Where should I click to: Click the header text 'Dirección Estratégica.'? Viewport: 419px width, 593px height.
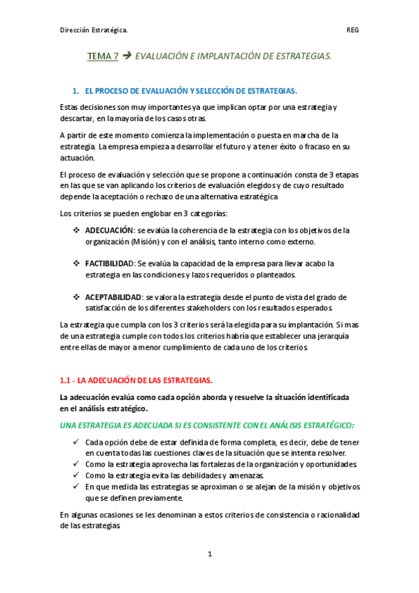pyautogui.click(x=94, y=30)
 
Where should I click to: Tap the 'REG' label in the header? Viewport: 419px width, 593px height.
pyautogui.click(x=353, y=30)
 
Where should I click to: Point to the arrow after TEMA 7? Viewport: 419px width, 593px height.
pyautogui.click(x=127, y=55)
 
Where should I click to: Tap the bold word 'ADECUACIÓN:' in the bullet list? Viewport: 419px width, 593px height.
pyautogui.click(x=109, y=229)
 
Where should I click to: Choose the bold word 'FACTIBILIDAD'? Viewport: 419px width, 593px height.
pyautogui.click(x=109, y=263)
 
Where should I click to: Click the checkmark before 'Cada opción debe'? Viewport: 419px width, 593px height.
pyautogui.click(x=76, y=442)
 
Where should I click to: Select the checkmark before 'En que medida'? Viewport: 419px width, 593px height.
pyautogui.click(x=76, y=487)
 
